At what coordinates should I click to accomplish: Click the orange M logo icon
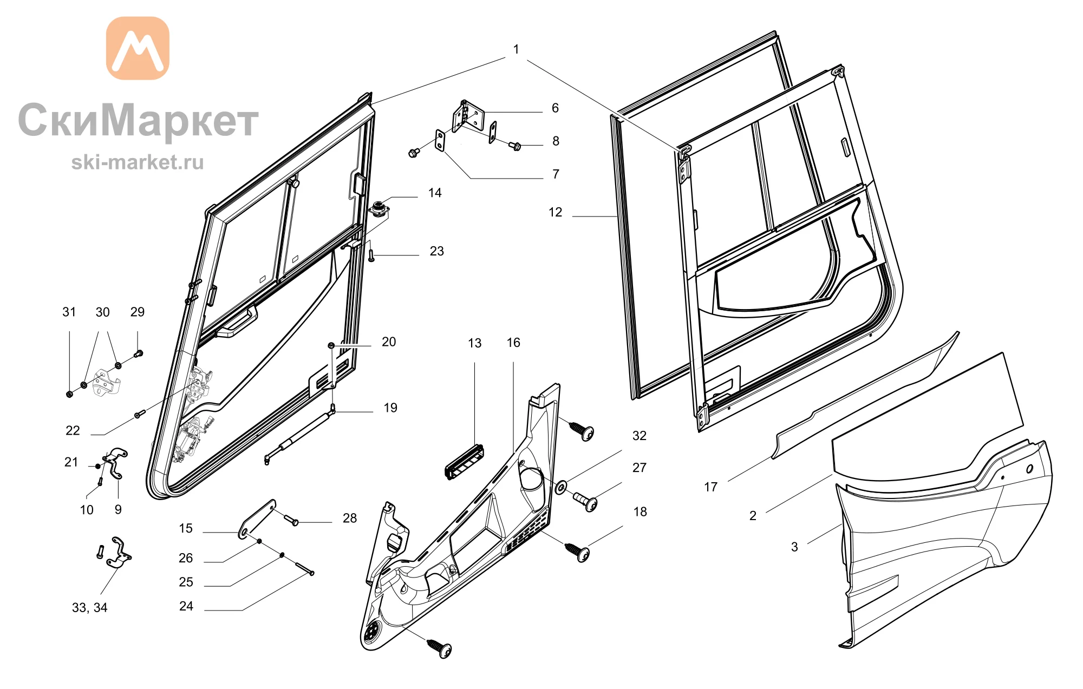point(138,48)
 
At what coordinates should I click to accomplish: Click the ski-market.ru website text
point(138,162)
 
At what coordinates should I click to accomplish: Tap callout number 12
point(556,212)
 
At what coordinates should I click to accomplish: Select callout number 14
point(435,193)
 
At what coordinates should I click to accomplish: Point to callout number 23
point(436,251)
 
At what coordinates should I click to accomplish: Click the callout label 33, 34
point(90,608)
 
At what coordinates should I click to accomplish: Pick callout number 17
point(710,487)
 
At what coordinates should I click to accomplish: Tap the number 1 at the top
point(516,49)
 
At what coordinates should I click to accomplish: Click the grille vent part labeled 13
point(465,462)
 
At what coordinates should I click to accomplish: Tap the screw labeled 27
point(585,501)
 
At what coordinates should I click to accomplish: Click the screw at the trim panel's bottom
point(439,648)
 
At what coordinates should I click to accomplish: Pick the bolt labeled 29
point(138,354)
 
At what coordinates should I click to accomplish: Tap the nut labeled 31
point(69,393)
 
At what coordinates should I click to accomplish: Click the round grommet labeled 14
point(379,208)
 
